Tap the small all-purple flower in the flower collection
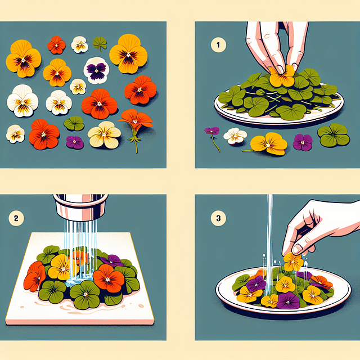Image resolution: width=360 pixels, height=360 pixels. click(74, 142)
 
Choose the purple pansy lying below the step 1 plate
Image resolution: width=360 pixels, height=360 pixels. click(303, 142)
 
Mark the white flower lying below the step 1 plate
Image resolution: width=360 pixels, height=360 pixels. click(235, 136)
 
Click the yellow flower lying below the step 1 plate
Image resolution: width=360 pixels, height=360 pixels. click(269, 143)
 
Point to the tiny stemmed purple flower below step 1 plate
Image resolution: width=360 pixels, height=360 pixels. click(212, 133)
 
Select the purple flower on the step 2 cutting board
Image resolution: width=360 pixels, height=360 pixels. click(111, 260)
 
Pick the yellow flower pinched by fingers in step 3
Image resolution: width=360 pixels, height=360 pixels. click(292, 261)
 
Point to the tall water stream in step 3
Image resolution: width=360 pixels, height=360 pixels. click(270, 225)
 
